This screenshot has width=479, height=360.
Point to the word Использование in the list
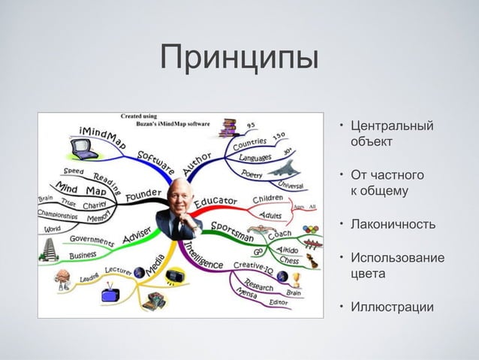[x=398, y=258]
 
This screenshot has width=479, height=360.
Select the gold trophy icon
[x=296, y=280]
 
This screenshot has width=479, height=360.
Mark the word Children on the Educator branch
[x=268, y=199]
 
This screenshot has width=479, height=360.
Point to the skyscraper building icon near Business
[x=51, y=249]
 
